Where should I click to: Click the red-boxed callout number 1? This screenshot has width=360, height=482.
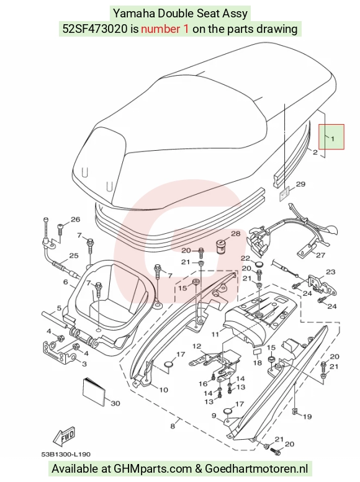pyautogui.click(x=333, y=138)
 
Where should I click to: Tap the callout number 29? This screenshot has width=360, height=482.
pyautogui.click(x=300, y=184)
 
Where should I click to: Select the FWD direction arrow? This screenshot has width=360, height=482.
pyautogui.click(x=65, y=437)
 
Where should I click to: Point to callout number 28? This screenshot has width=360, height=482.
pyautogui.click(x=235, y=234)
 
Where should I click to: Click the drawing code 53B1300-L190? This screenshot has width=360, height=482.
pyautogui.click(x=66, y=454)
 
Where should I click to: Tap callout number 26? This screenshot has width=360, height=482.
pyautogui.click(x=75, y=219)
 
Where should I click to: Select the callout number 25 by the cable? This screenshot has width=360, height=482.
pyautogui.click(x=74, y=256)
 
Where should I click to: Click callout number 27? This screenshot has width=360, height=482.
pyautogui.click(x=321, y=255)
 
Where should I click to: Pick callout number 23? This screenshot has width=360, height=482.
pyautogui.click(x=330, y=272)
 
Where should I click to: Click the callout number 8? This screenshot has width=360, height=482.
pyautogui.click(x=173, y=426)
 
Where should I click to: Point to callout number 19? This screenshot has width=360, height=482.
pyautogui.click(x=307, y=416)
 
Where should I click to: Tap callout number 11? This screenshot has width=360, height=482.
pyautogui.click(x=215, y=334)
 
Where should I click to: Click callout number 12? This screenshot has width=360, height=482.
pyautogui.click(x=197, y=346)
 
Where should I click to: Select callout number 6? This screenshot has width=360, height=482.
pyautogui.click(x=66, y=282)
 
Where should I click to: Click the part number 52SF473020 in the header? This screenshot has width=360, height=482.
pyautogui.click(x=95, y=29)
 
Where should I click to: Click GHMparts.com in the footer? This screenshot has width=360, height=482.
pyautogui.click(x=153, y=469)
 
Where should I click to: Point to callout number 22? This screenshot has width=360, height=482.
pyautogui.click(x=245, y=258)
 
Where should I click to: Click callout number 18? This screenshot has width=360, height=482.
pyautogui.click(x=258, y=363)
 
